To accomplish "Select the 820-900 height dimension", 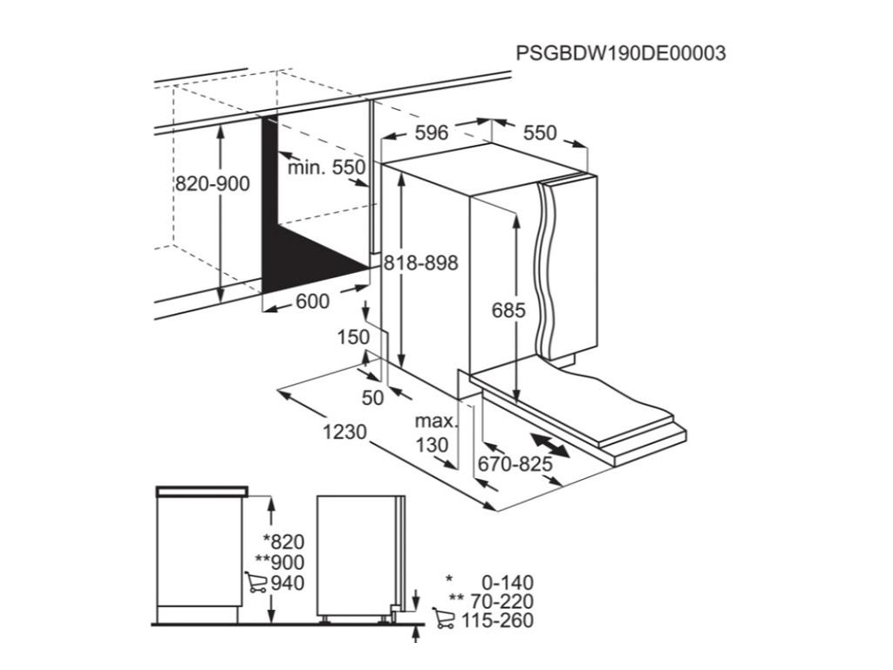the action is coord(212,184).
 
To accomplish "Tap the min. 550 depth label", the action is coord(326,167).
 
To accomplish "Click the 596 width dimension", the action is coord(431,133).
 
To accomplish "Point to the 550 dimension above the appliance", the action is coord(539,133).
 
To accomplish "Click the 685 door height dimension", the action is coord(508,310).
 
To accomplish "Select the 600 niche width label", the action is coord(313,302).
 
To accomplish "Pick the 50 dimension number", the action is coord(372,398).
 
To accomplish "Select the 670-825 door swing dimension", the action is coord(515,464).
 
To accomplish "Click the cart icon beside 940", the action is coord(256,583).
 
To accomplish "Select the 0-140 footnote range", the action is coord(507,583).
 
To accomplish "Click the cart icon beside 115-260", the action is coord(443,619).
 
